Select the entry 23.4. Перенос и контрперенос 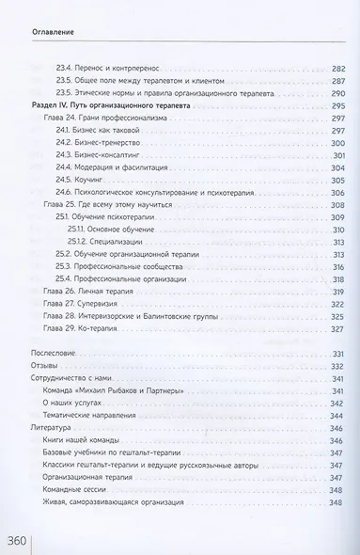coord(108,69)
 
